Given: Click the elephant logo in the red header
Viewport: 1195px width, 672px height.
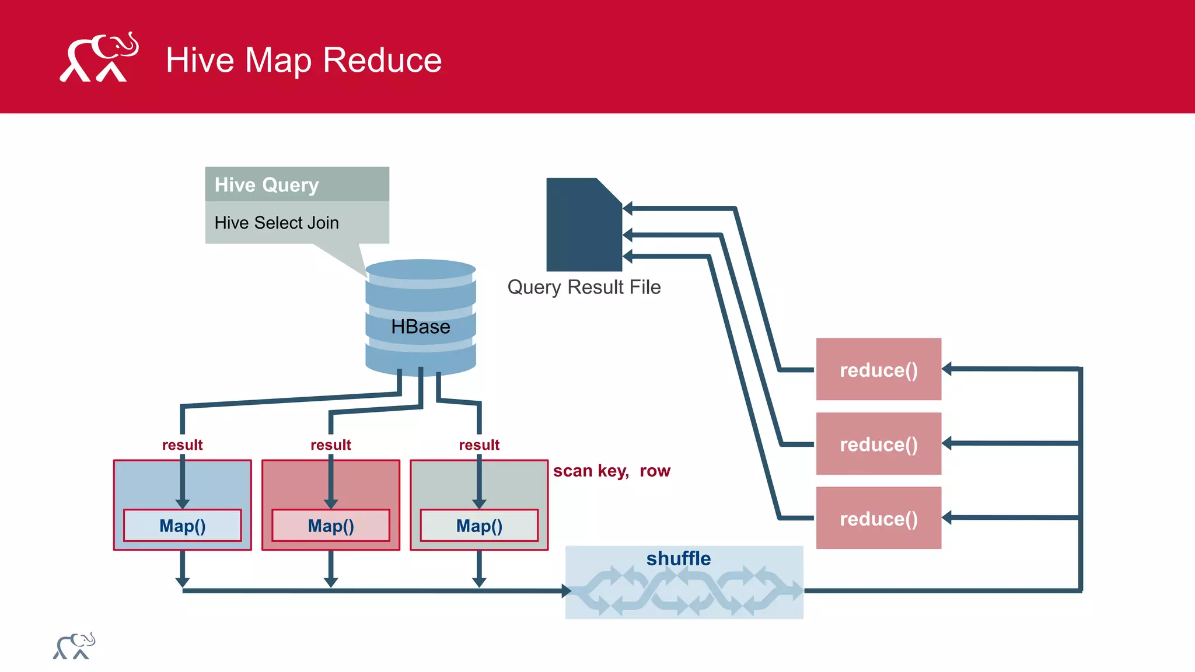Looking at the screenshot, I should click(x=99, y=58).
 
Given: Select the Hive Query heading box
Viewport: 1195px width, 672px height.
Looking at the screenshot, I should click(x=296, y=184).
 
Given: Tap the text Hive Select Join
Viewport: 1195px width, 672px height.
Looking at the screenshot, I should click(x=276, y=223).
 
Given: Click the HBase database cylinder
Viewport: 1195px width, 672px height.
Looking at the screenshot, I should click(x=420, y=318).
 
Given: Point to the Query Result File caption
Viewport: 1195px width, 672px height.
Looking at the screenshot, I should click(x=583, y=287).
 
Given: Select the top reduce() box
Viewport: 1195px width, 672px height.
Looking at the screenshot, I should click(x=878, y=369).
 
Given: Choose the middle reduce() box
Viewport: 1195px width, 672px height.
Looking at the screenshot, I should click(x=878, y=444).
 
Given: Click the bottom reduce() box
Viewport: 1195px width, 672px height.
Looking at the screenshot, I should click(x=878, y=518).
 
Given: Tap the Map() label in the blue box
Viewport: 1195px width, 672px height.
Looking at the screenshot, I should click(x=182, y=526).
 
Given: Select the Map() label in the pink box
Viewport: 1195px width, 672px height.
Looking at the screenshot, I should click(x=330, y=526).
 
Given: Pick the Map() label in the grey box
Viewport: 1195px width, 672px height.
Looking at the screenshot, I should click(x=478, y=526).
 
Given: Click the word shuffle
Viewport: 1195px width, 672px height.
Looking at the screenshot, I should click(x=678, y=558).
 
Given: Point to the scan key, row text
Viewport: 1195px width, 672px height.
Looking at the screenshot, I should click(x=611, y=471).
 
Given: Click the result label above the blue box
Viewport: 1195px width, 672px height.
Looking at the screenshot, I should click(x=182, y=445).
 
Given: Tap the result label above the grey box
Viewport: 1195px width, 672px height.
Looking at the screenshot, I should click(x=478, y=445).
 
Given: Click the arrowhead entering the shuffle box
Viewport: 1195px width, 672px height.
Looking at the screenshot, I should click(x=566, y=591).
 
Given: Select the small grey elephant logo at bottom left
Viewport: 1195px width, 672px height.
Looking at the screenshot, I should click(x=74, y=646).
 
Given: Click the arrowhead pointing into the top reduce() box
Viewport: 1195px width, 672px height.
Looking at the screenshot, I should click(x=947, y=369).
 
